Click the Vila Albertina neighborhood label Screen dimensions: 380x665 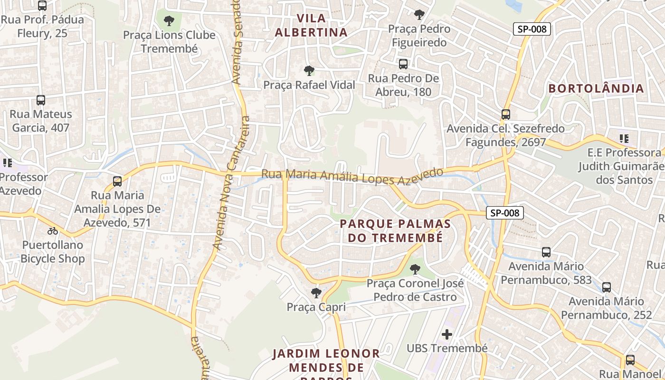[311, 26]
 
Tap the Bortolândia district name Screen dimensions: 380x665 [597, 88]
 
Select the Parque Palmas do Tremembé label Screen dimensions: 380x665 [395, 231]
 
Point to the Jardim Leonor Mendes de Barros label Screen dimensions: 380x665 [326, 361]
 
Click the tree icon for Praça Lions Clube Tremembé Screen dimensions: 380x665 [169, 21]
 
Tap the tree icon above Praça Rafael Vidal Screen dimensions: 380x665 [309, 71]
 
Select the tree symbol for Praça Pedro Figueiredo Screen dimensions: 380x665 [418, 15]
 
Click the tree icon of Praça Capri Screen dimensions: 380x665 [316, 293]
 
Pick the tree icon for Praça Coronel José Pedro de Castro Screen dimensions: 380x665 [415, 269]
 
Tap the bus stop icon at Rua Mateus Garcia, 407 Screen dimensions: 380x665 [41, 100]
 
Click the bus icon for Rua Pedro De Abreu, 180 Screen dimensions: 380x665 [403, 64]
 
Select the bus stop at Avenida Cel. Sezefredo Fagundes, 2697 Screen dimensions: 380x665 [505, 114]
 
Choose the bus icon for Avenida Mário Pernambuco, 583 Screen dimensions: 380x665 [546, 252]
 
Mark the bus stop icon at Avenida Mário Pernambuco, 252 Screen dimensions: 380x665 [607, 287]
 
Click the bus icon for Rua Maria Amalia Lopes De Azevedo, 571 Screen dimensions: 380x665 [117, 181]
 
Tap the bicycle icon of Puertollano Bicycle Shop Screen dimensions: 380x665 [52, 231]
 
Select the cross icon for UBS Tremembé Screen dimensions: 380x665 [446, 334]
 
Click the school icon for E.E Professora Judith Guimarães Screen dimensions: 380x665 [624, 139]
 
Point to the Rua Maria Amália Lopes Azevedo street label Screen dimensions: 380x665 [351, 176]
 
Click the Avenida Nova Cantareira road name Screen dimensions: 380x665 [231, 183]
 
